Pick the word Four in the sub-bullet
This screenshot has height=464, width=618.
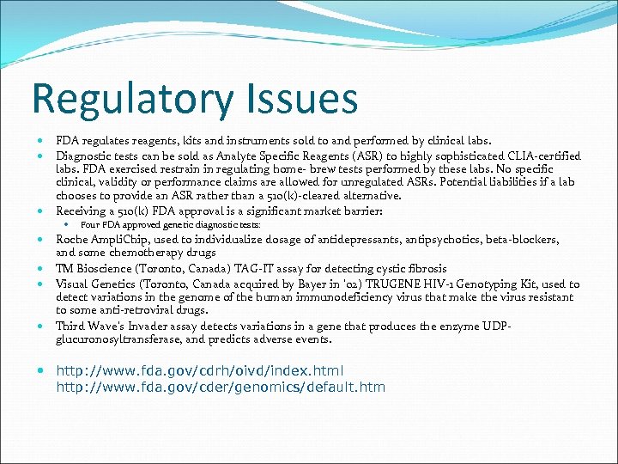click(89, 225)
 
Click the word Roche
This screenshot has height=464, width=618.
click(73, 240)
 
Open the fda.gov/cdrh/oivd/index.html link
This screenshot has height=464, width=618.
click(200, 371)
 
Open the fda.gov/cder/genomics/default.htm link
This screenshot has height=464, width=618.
click(221, 387)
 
